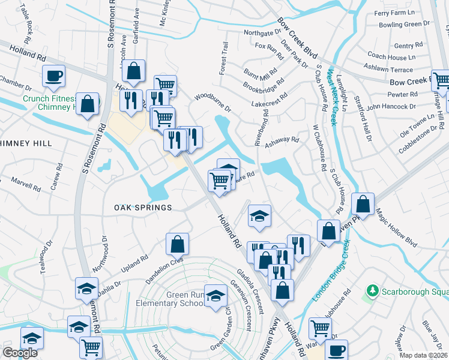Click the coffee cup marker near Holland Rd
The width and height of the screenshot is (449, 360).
tap(53, 76)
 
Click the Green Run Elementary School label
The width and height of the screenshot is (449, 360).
tap(169, 299)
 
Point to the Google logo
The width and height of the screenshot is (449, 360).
tap(20, 353)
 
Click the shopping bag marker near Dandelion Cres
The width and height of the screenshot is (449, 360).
tap(177, 244)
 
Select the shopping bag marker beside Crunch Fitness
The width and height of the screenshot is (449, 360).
tap(88, 104)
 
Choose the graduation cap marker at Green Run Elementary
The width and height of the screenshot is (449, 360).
tap(215, 296)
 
